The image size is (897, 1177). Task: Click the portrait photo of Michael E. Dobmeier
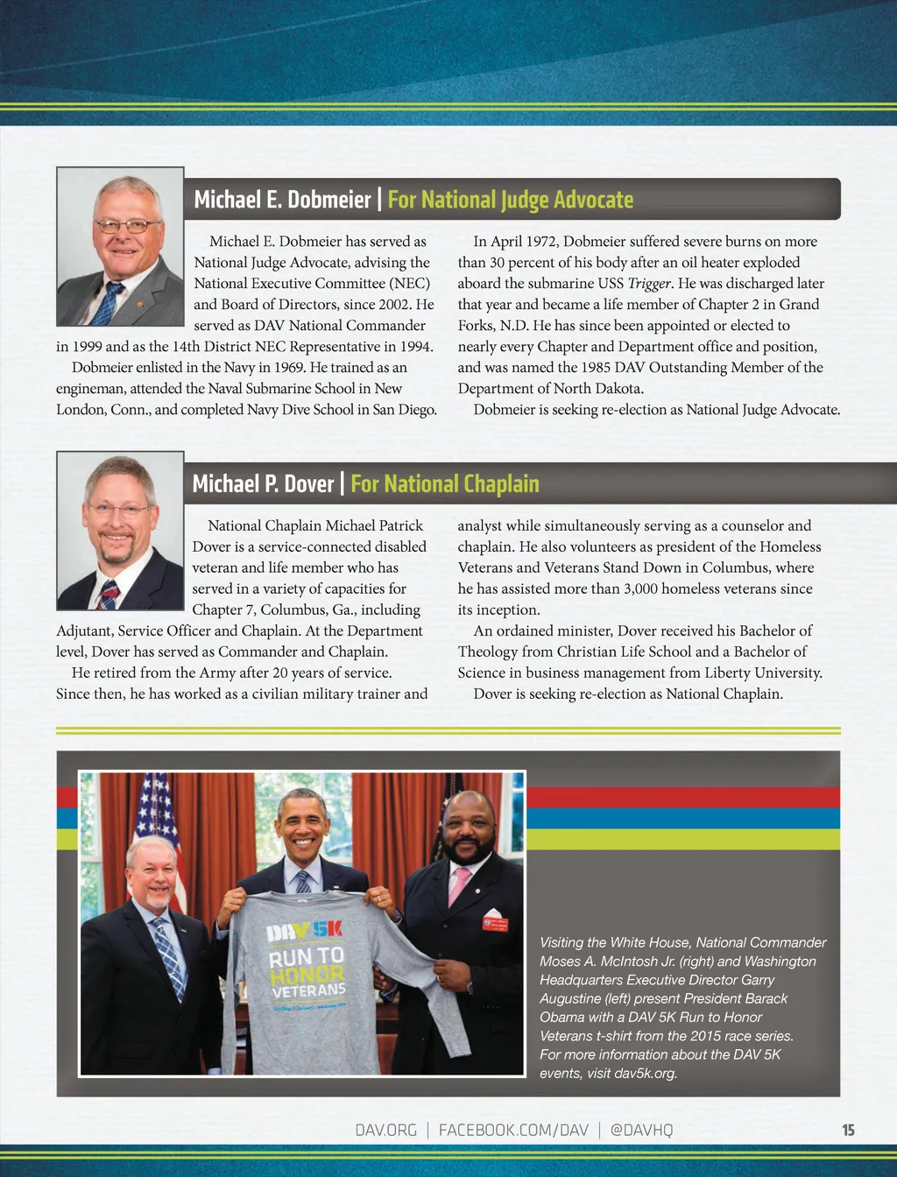pos(120,247)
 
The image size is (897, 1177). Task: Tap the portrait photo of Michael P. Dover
pos(120,531)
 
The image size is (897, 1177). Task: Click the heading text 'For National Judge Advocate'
pos(510,200)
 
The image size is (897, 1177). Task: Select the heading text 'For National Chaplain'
pos(444,484)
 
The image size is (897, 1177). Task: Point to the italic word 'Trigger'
pos(649,284)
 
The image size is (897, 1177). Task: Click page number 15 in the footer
pos(848,1130)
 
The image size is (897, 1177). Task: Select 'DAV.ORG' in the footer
pos(385,1130)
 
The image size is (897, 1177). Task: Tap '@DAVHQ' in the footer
pos(641,1130)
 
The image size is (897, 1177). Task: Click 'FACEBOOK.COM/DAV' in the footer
pos(513,1130)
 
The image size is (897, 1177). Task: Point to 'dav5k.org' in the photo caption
pos(646,1073)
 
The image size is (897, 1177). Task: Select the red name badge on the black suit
pos(495,924)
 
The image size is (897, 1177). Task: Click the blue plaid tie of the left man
pos(168,955)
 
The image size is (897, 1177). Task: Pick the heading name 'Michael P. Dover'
pos(263,484)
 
